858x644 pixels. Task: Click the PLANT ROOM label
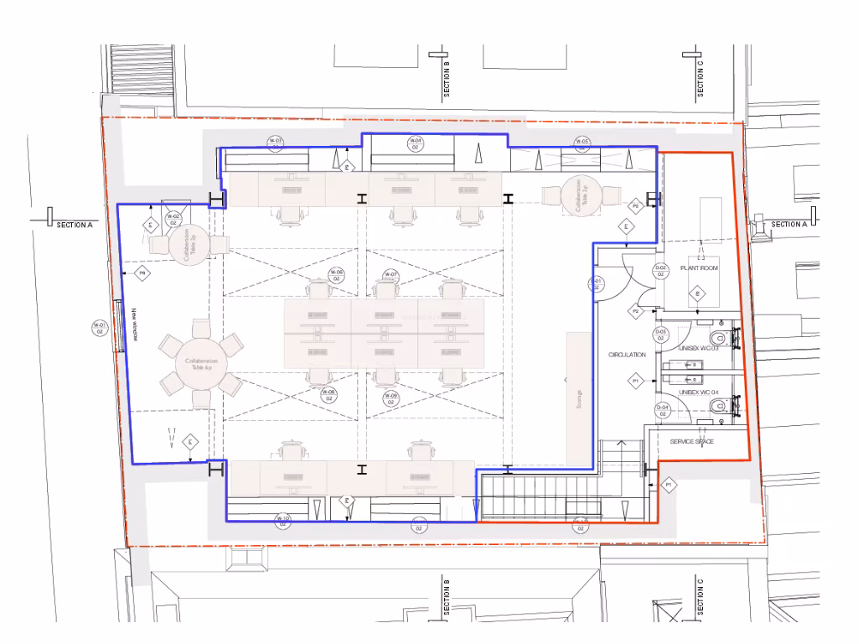pyautogui.click(x=698, y=268)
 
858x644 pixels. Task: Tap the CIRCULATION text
pyautogui.click(x=627, y=355)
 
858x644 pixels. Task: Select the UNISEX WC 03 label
pyautogui.click(x=699, y=348)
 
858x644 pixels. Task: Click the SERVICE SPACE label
pyautogui.click(x=691, y=441)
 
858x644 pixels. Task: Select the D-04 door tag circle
pyautogui.click(x=662, y=410)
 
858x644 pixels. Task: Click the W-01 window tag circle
pyautogui.click(x=99, y=328)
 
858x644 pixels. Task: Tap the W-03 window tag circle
pyautogui.click(x=275, y=143)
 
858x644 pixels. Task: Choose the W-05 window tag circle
pyautogui.click(x=581, y=143)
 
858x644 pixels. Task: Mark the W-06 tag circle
pyautogui.click(x=336, y=276)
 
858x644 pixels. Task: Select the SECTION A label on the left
pyautogui.click(x=75, y=225)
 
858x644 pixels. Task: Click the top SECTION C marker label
pyautogui.click(x=700, y=78)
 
